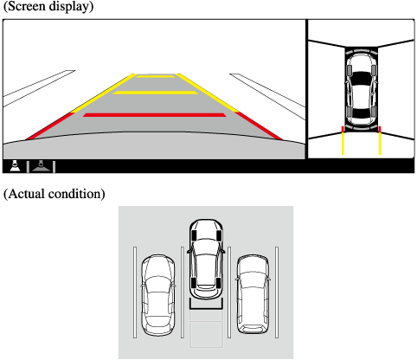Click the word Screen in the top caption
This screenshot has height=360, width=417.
(26, 6)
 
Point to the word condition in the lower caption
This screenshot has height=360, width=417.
(75, 194)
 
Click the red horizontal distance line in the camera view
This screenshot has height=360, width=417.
(155, 115)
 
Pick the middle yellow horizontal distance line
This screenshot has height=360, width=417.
(155, 93)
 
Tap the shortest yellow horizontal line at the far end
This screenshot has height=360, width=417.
(156, 76)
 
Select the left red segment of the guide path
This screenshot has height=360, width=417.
(50, 126)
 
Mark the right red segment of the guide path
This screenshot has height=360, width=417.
(259, 125)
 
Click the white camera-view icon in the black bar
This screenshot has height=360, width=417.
(15, 165)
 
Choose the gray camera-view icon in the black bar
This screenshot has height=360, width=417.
(42, 166)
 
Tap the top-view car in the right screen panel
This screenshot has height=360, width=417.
(361, 88)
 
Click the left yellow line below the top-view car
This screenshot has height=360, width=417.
(343, 144)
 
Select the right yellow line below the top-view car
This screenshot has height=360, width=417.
(380, 144)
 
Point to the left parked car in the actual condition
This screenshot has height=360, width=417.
(158, 295)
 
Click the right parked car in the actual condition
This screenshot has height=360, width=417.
(253, 294)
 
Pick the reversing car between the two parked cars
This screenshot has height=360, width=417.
(206, 259)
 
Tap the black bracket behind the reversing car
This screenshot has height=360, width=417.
(206, 308)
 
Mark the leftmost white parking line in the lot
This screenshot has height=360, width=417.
(135, 292)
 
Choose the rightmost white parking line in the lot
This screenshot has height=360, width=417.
(277, 292)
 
